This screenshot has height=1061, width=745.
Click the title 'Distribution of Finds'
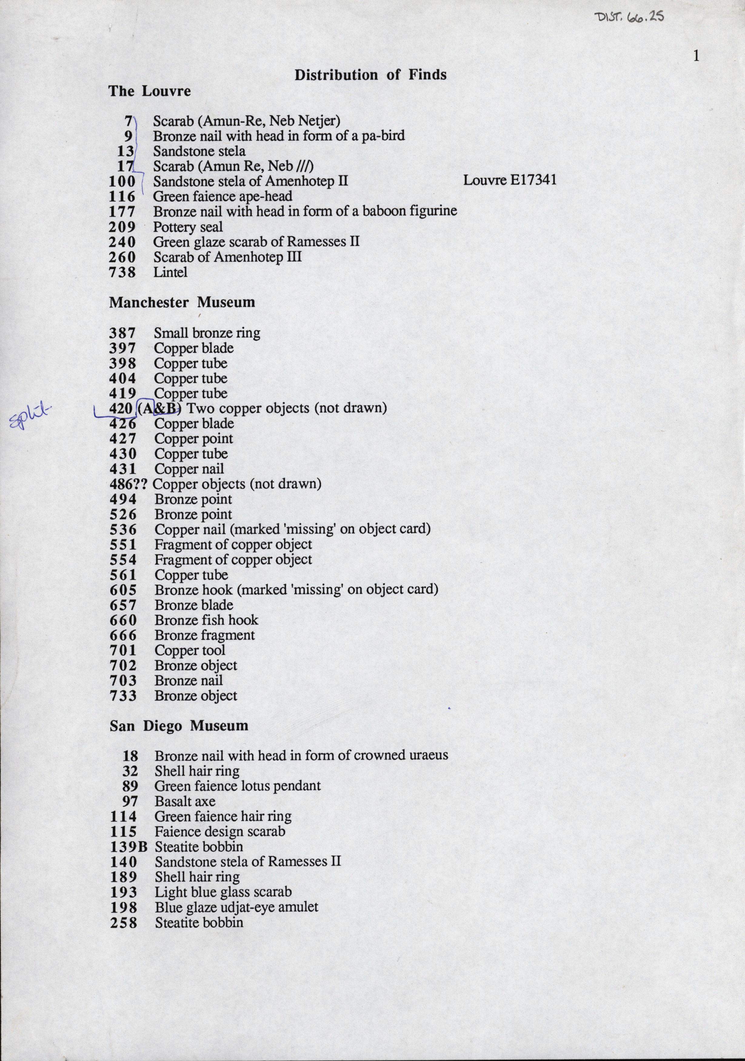(370, 75)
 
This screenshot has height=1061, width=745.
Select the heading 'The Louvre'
(150, 91)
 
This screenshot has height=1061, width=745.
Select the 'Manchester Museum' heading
(182, 303)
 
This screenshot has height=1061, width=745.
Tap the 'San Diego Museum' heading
(179, 726)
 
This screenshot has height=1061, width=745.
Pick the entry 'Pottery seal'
(188, 227)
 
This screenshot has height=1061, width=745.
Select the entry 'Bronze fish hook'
(206, 620)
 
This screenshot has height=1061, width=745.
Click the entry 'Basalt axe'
(185, 801)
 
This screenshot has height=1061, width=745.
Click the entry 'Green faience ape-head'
(223, 196)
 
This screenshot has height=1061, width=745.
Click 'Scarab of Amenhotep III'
(227, 257)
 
